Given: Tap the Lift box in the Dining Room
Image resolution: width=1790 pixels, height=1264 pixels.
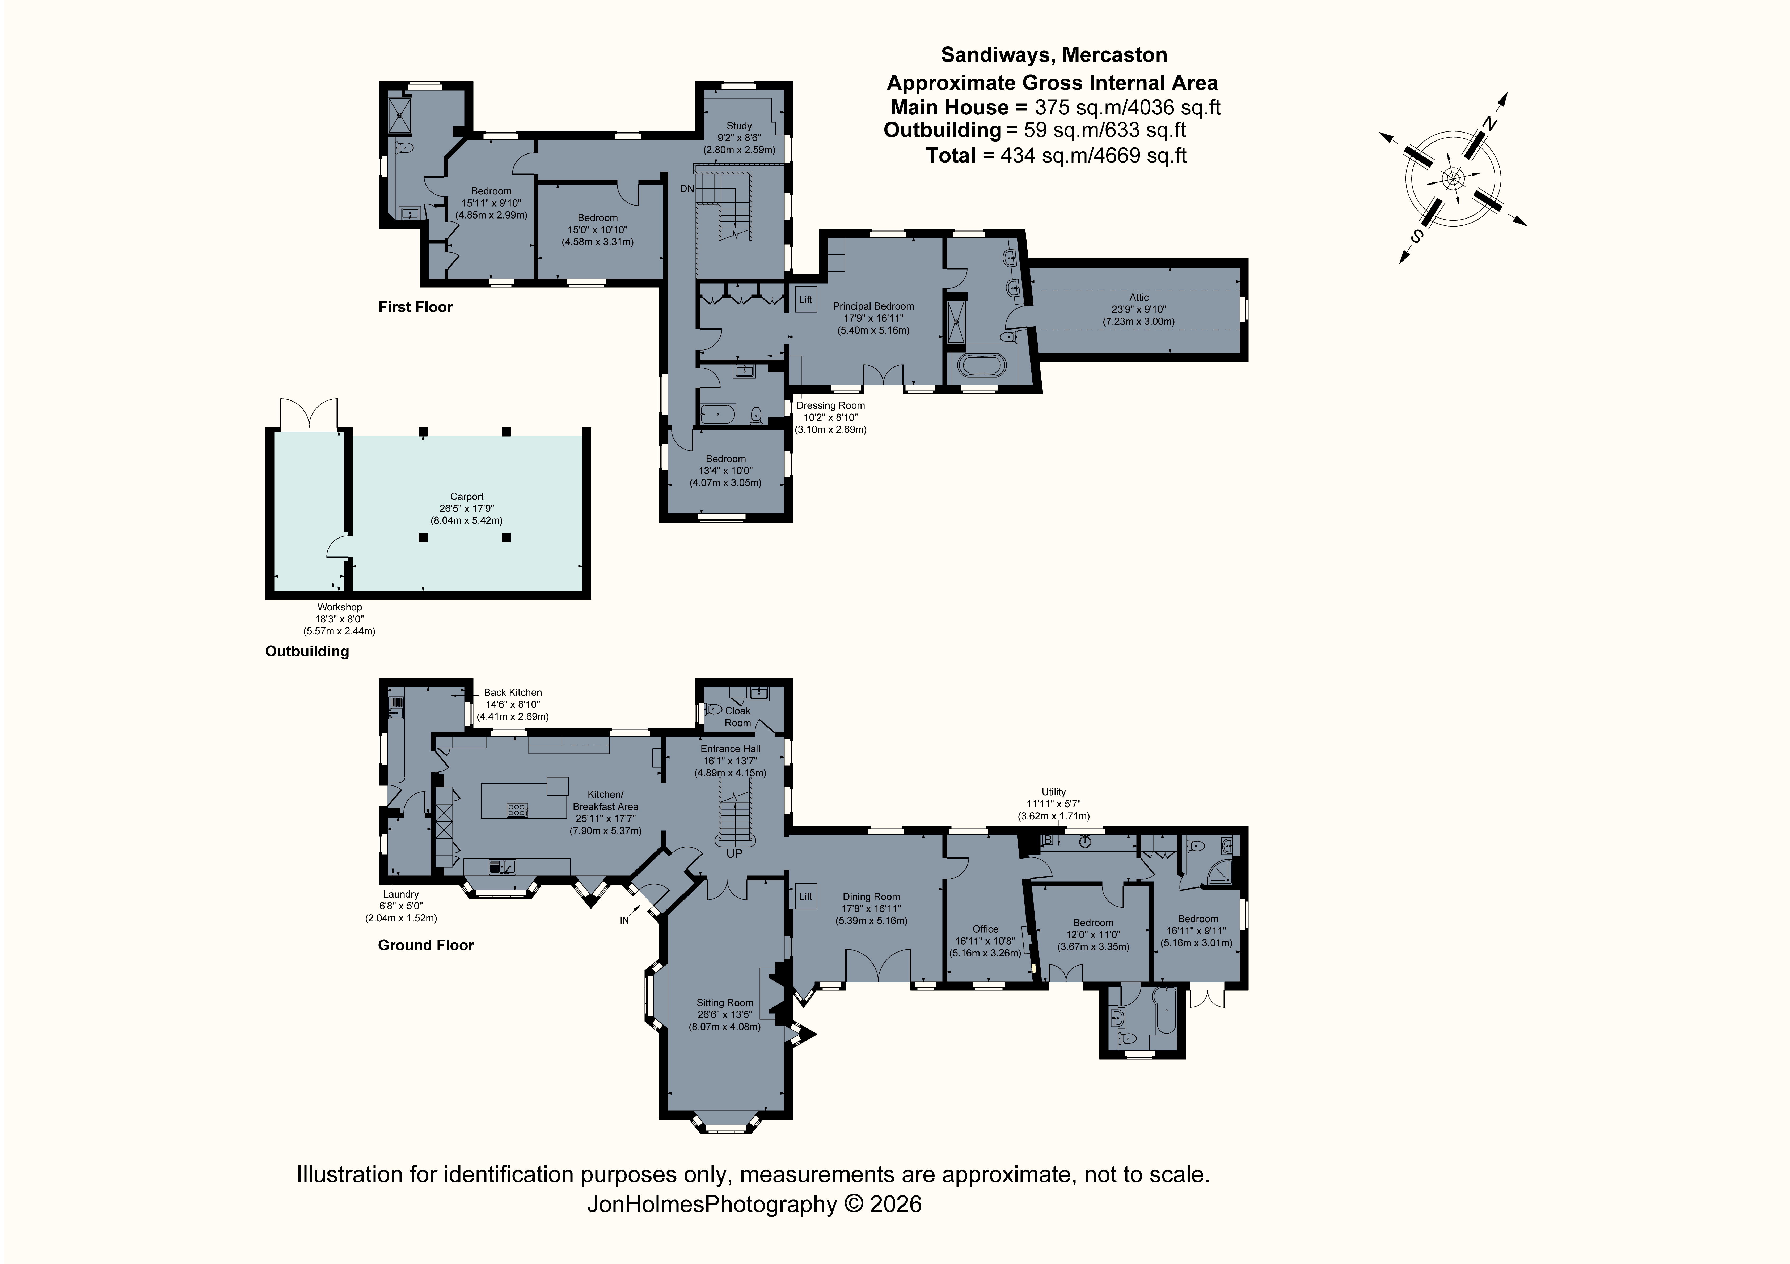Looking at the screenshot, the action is click(x=805, y=896).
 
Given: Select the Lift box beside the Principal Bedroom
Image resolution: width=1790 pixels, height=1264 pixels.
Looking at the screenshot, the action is click(x=805, y=299).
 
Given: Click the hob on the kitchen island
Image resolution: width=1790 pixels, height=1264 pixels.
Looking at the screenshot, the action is click(x=517, y=810).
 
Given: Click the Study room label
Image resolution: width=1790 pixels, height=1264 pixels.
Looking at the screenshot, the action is click(x=739, y=125).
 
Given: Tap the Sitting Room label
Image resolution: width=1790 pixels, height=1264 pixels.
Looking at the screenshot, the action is click(x=724, y=1003).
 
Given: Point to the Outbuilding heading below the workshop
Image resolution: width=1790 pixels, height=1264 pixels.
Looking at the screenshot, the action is click(x=307, y=651).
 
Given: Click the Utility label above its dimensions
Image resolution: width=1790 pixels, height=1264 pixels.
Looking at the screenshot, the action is click(x=1053, y=792).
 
